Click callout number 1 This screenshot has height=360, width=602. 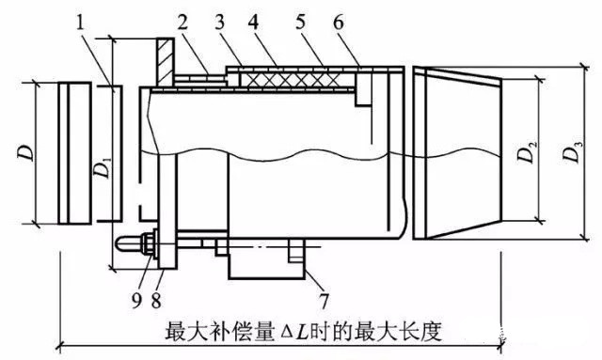tap(80, 23)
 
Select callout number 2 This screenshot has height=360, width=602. tap(182, 23)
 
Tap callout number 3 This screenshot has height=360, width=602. tap(219, 23)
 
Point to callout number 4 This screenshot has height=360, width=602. tap(253, 23)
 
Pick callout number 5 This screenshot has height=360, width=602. tap(301, 23)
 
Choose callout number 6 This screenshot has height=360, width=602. tap(339, 23)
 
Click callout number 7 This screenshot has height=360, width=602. tap(324, 301)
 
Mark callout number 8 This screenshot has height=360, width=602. tap(156, 301)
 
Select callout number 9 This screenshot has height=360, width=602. tap(136, 301)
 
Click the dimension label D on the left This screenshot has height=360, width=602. tap(26, 152)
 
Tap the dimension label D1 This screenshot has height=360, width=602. tap(103, 167)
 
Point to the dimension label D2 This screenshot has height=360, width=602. tap(527, 152)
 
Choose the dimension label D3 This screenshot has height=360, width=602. tap(573, 152)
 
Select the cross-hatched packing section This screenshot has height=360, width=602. tap(296, 80)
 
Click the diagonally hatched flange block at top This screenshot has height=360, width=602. tap(166, 62)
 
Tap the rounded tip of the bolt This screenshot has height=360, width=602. tap(119, 243)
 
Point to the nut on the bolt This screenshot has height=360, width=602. tap(147, 243)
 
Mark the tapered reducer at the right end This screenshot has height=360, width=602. tap(457, 153)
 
